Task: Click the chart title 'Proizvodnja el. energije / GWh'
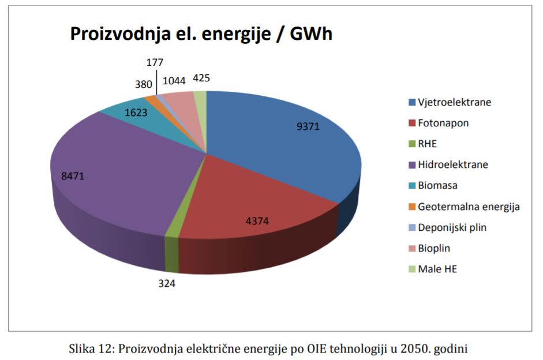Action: (x=201, y=34)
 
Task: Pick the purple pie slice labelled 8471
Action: (x=115, y=173)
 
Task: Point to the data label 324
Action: (x=166, y=283)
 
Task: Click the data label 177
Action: (x=155, y=62)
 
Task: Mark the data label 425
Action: (x=201, y=77)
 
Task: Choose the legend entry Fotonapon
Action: (x=443, y=123)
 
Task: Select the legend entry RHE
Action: (x=428, y=144)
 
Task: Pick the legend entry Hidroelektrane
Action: (x=453, y=164)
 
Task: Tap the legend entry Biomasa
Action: (x=437, y=185)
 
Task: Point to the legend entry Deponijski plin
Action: (x=452, y=227)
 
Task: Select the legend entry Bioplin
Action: (x=434, y=248)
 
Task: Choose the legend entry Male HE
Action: (x=437, y=269)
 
